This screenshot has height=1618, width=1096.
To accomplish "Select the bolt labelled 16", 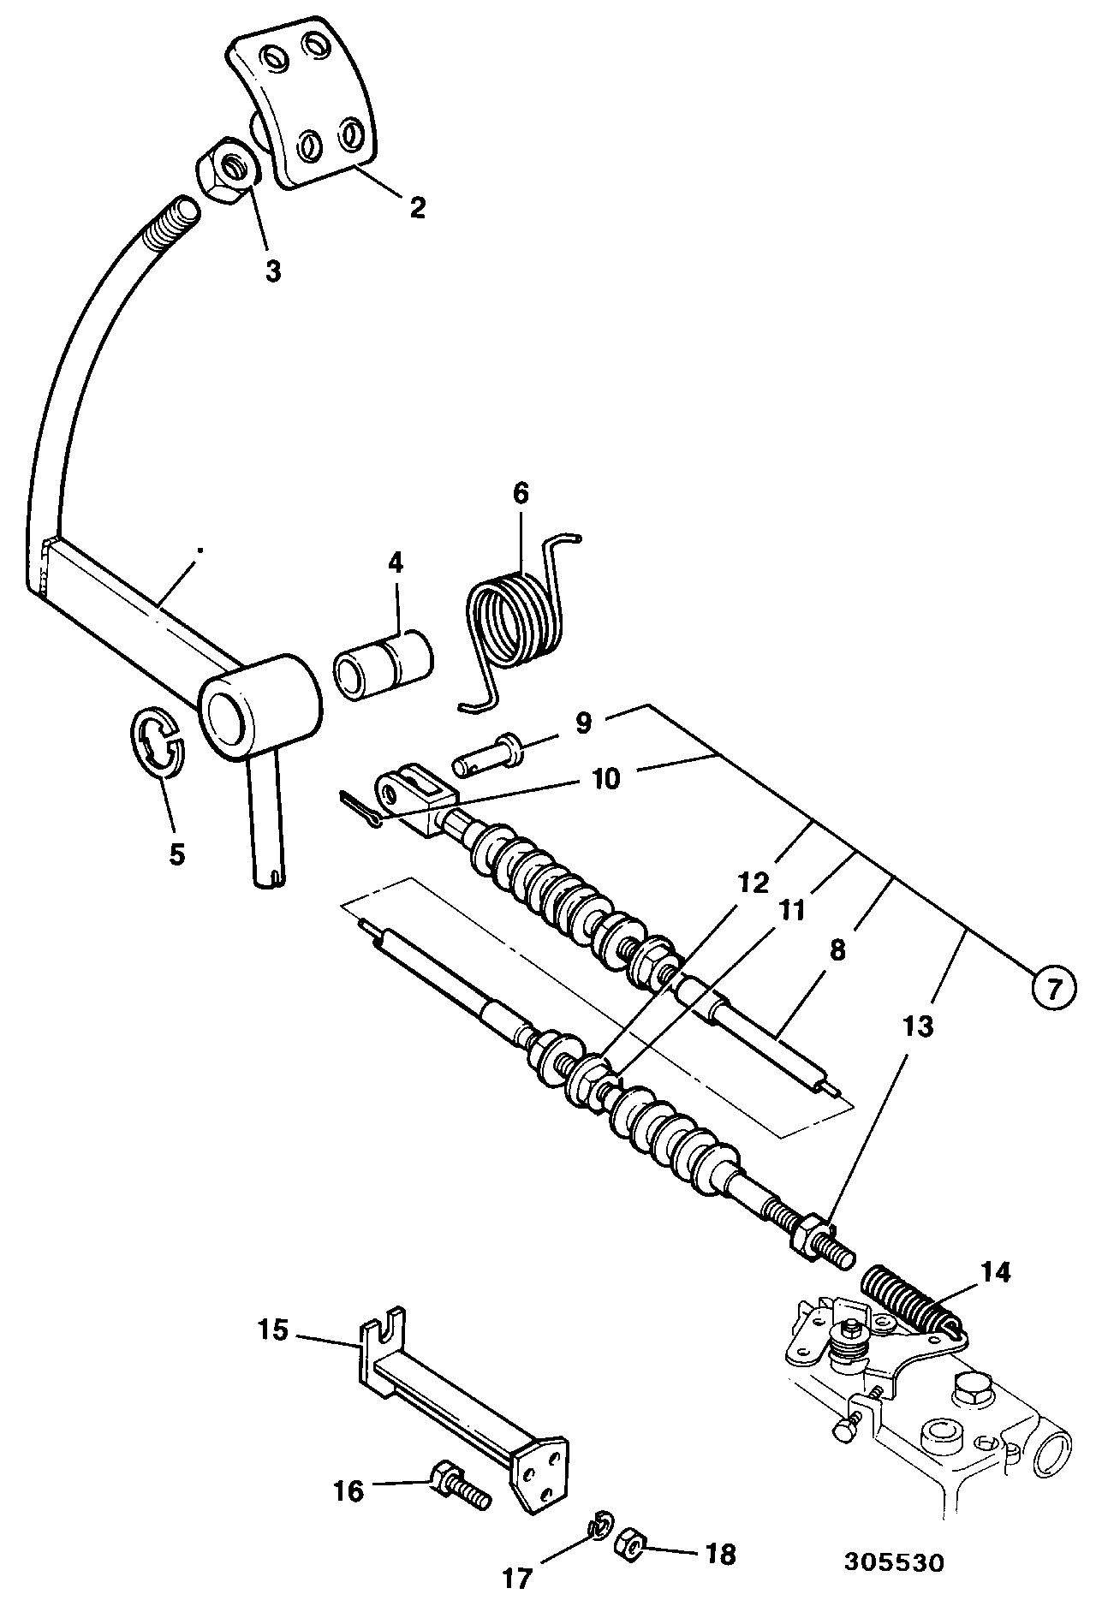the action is click(x=461, y=1496).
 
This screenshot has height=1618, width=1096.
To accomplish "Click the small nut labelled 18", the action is click(x=631, y=1541).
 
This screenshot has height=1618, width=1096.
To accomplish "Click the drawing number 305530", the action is click(x=894, y=1586).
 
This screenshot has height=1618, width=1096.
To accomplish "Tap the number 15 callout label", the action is click(x=277, y=1332).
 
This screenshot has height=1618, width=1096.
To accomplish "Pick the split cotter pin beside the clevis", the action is click(x=363, y=809).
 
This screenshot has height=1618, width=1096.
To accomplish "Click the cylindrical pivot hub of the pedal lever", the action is click(x=259, y=702).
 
